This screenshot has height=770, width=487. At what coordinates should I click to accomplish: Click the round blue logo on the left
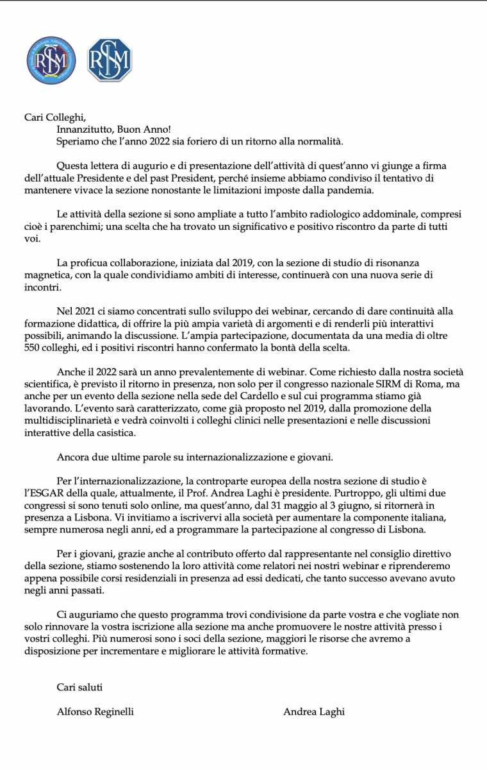click(x=51, y=60)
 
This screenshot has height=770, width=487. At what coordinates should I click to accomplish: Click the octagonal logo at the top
click(x=109, y=60)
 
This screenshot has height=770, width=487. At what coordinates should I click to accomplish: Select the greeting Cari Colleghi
click(x=54, y=116)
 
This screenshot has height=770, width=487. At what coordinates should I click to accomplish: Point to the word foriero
click(x=204, y=141)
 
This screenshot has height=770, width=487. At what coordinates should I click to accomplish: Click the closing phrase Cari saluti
click(x=79, y=687)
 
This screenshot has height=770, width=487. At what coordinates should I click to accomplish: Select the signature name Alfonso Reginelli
click(x=95, y=712)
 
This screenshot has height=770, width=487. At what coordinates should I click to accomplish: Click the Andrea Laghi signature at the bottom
click(x=314, y=712)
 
